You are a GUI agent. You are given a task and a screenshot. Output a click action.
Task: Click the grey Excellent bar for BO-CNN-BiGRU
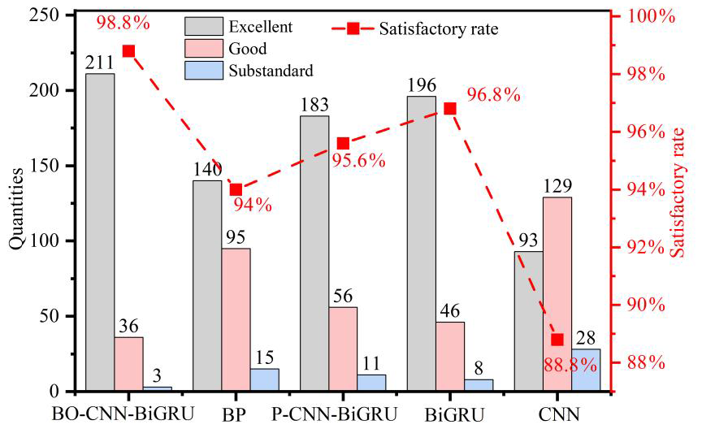click(x=100, y=232)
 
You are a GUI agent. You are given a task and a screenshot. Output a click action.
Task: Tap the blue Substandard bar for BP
click(x=265, y=380)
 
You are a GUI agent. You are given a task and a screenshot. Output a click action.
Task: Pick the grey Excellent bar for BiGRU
click(x=421, y=244)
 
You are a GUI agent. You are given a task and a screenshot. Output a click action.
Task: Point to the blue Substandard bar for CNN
click(x=586, y=370)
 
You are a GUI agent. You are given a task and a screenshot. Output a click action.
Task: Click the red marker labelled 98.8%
click(x=128, y=51)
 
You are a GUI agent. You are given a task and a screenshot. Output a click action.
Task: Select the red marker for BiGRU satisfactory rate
click(x=450, y=109)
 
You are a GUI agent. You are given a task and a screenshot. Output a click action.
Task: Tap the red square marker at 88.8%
click(x=557, y=340)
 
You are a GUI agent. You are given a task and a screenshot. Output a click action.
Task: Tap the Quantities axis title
click(x=15, y=203)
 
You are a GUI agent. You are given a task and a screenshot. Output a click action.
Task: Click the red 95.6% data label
click(x=357, y=160)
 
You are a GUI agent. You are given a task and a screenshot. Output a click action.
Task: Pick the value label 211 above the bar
click(x=99, y=62)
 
